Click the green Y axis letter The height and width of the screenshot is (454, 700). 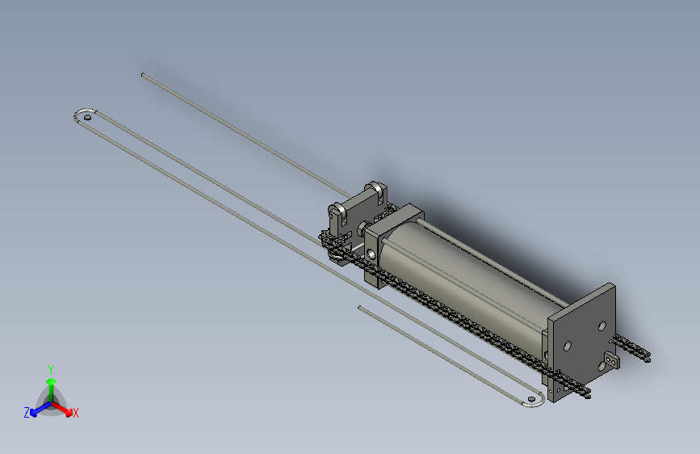(x=51, y=368)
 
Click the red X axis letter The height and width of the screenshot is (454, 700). (x=75, y=414)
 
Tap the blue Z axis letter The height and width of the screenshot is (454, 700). (x=27, y=413)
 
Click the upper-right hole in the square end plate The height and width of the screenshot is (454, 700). (x=601, y=326)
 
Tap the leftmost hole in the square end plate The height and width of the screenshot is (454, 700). (x=568, y=346)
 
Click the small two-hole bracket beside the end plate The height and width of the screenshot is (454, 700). (x=611, y=359)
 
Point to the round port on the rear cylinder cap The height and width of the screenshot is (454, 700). (x=371, y=254)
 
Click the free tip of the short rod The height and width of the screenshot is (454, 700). (x=360, y=307)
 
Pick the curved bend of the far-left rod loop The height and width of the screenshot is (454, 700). (x=77, y=113)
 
